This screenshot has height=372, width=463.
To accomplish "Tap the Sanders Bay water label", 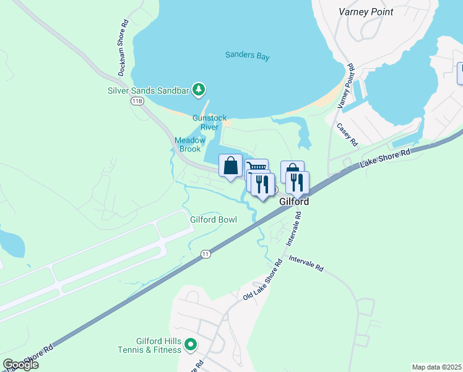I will pyautogui.click(x=248, y=55).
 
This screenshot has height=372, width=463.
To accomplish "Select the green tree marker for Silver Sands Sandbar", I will pyautogui.click(x=199, y=91).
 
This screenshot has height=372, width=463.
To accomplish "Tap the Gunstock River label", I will pyautogui.click(x=209, y=122).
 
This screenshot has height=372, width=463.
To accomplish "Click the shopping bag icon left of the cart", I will pyautogui.click(x=230, y=166).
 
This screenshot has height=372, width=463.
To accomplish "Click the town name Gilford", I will pyautogui.click(x=293, y=202).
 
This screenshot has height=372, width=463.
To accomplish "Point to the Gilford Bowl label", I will pyautogui.click(x=214, y=219).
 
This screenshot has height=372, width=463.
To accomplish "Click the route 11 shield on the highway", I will pyautogui.click(x=206, y=254).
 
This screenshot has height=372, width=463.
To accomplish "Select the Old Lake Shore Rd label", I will pyautogui.click(x=262, y=280).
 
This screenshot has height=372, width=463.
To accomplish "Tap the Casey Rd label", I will pyautogui.click(x=347, y=134).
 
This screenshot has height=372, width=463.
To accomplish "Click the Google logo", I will pyautogui.click(x=20, y=365).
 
